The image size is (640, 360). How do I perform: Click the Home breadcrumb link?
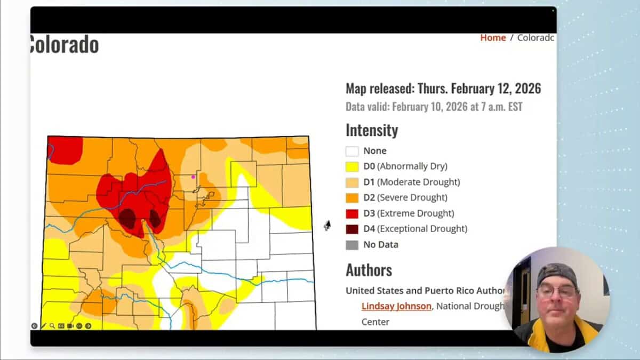493,38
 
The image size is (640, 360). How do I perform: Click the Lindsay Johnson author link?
396,306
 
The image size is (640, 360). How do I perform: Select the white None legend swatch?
352,151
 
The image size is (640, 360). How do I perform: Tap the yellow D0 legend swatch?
352,166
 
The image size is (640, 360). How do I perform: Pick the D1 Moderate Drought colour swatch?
352,182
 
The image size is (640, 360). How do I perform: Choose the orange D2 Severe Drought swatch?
352,198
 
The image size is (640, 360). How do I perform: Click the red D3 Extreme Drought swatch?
352,213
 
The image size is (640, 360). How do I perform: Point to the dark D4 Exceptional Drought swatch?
352,229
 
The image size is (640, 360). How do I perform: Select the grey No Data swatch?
352,245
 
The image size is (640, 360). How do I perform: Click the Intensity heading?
372,131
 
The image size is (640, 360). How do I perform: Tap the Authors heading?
369,270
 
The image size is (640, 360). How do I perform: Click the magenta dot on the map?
193,177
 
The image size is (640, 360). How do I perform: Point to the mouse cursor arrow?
327,225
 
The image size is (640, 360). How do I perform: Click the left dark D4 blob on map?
127,218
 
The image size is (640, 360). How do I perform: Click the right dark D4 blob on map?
155,218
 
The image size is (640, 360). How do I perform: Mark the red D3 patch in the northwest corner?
65,149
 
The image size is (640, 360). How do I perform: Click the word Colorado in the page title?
64,45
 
